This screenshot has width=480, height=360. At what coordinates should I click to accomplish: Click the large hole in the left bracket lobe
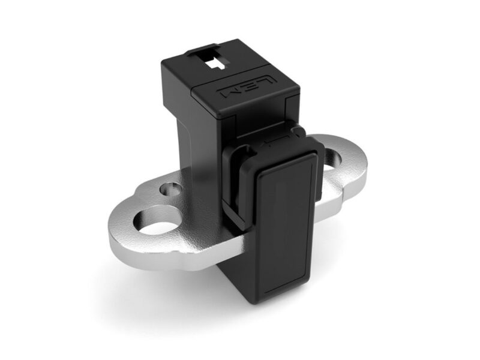point(158,221)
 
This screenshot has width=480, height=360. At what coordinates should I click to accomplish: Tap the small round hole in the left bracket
point(169,191)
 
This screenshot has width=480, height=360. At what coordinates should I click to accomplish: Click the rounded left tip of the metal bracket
point(114,243)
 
